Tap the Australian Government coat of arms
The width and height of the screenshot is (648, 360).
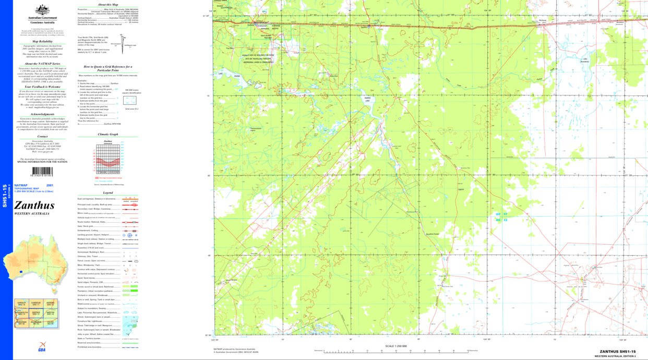pos(42,10)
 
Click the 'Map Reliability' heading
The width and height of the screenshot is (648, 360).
pos(42,41)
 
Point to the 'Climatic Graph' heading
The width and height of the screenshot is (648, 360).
pos(108,134)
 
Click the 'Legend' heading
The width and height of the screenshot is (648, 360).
pos(108,193)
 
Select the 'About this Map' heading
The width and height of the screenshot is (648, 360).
pos(108,4)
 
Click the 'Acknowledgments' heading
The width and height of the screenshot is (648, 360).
pos(42,114)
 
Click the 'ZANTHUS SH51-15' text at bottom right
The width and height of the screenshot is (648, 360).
pos(617,352)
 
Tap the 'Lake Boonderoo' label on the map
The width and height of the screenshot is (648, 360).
pos(585,59)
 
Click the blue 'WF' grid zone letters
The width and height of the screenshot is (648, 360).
pos(498,214)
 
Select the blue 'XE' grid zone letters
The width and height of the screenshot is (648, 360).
pos(505,220)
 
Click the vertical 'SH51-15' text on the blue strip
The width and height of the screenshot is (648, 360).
pos(5,195)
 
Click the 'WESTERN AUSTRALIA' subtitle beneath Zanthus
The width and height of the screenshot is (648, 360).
pos(32,213)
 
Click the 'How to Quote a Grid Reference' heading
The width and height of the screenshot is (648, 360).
pos(108,68)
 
